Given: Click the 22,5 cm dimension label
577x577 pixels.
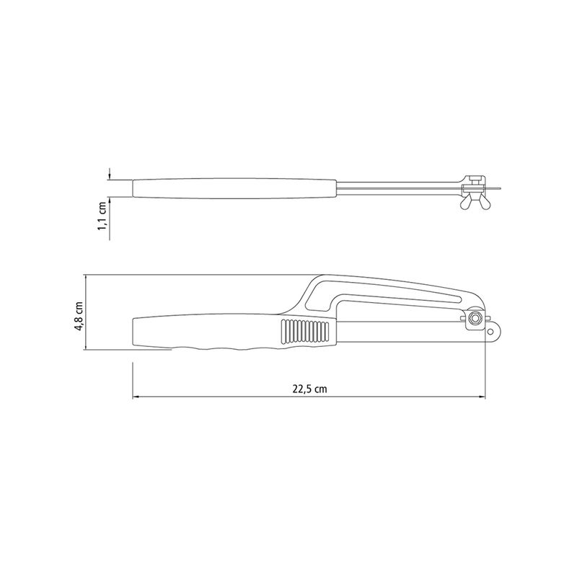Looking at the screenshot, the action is [309, 389].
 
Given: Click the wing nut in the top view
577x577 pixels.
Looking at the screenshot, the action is [473, 203].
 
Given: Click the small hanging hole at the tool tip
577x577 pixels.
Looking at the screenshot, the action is [490, 332].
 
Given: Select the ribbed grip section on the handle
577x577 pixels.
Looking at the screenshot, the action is [305, 332].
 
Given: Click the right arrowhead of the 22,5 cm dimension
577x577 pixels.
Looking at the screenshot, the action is [482, 397].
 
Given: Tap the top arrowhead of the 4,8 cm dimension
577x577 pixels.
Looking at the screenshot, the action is [85, 278].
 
